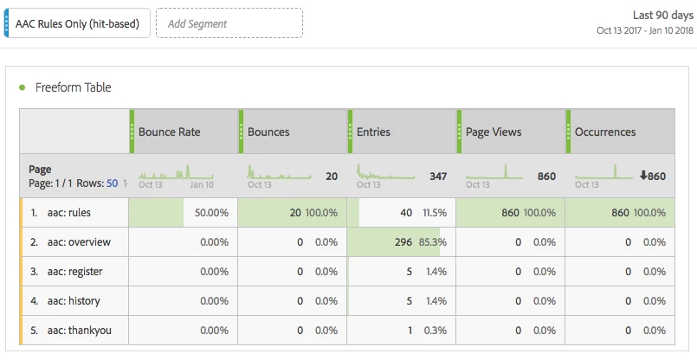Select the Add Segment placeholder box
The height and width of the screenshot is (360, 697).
click(229, 23)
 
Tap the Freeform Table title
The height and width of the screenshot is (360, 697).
click(73, 87)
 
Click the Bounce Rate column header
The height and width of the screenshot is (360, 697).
click(170, 132)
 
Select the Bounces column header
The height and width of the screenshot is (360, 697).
click(268, 132)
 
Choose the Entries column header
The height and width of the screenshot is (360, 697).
click(374, 132)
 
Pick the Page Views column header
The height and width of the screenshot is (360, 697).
click(494, 132)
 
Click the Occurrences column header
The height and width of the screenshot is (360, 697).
click(605, 132)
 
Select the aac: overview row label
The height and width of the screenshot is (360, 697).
click(80, 242)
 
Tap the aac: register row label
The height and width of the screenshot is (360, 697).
click(77, 272)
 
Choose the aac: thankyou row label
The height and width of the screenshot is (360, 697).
click(80, 331)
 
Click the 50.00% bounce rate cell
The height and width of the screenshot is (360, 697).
click(210, 213)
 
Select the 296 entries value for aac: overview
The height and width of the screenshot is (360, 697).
click(403, 242)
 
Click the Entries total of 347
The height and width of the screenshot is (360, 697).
click(438, 177)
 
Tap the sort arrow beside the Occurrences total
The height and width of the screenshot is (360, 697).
click(643, 177)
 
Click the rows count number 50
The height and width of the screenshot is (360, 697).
click(112, 183)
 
